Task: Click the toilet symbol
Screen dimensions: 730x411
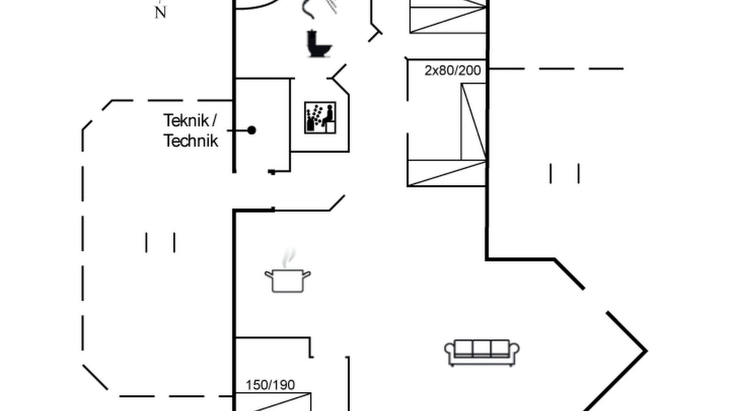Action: click(318, 44)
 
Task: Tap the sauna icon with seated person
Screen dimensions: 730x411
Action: click(320, 118)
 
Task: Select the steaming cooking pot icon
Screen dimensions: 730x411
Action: click(287, 271)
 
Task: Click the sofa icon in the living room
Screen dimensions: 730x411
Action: click(482, 353)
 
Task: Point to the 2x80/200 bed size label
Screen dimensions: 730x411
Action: click(453, 70)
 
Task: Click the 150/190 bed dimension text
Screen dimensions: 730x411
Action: click(270, 385)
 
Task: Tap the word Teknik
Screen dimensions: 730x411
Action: click(186, 120)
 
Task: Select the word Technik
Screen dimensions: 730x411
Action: click(190, 141)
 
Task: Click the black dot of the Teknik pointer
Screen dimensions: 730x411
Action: click(252, 130)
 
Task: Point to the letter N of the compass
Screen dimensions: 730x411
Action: click(160, 13)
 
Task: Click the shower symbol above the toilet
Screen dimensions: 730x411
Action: click(319, 8)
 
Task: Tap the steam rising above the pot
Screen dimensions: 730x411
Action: click(289, 257)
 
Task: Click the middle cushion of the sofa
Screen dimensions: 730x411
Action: click(482, 348)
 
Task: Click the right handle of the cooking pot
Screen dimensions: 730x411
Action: click(306, 275)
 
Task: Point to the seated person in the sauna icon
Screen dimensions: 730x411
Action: click(328, 115)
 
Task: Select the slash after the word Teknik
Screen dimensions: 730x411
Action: click(214, 120)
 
